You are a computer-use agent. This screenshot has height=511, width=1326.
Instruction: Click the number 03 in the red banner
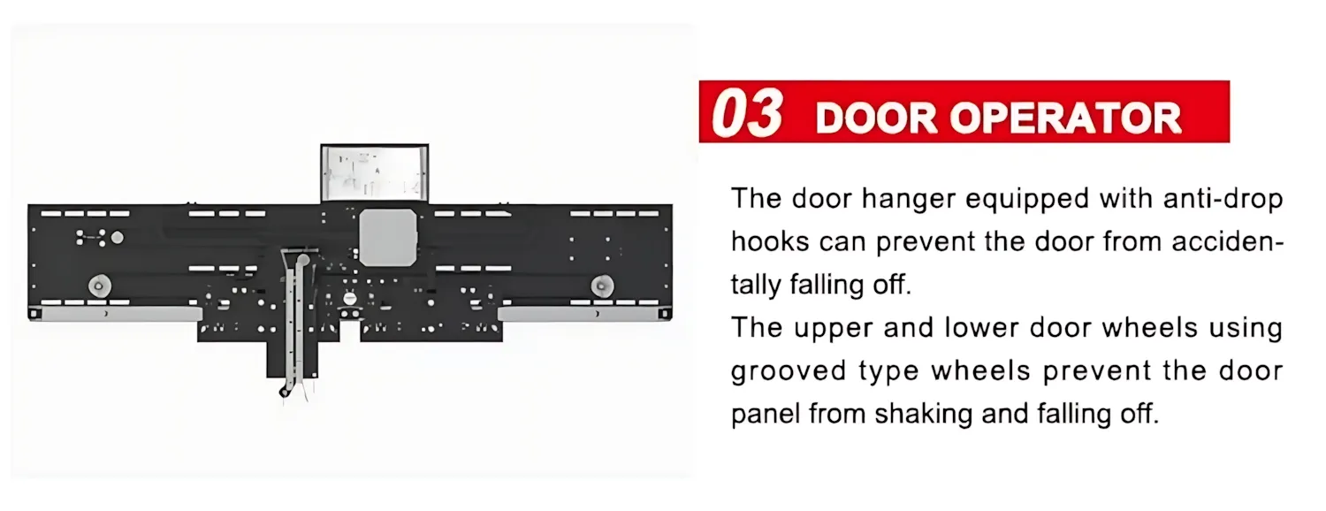pyautogui.click(x=747, y=113)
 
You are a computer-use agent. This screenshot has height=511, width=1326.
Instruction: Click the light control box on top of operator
pyautogui.click(x=374, y=173)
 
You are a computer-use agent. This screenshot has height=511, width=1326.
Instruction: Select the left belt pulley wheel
pyautogui.click(x=98, y=286)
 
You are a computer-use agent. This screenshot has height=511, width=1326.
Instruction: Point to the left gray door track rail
pyautogui.click(x=121, y=313)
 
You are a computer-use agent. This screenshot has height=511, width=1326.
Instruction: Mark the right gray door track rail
pyautogui.click(x=578, y=313)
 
